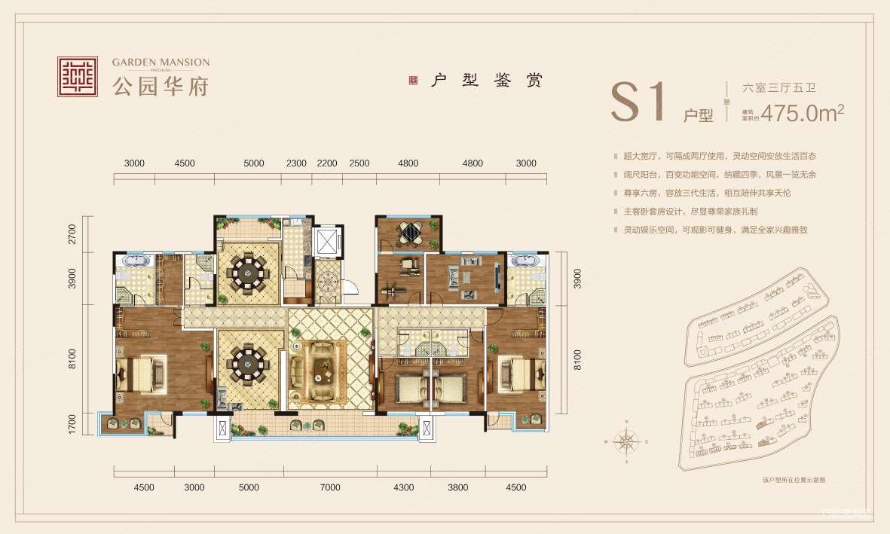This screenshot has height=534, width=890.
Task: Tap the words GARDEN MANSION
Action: coord(161,62)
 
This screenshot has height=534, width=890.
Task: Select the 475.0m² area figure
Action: coord(802,113)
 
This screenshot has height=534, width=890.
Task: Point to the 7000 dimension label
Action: coord(330,487)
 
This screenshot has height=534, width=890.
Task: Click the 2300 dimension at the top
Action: coord(296,163)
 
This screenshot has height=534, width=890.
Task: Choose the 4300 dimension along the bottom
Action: coord(404,487)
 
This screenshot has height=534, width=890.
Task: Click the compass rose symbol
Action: coord(627,441)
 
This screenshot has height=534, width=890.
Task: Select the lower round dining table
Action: coord(248,365)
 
